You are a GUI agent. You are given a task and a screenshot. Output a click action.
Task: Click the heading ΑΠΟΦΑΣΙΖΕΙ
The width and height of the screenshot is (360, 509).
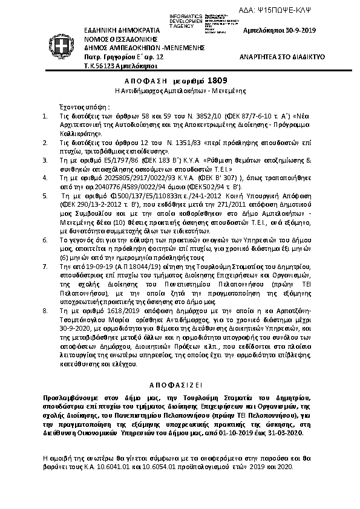[179, 384]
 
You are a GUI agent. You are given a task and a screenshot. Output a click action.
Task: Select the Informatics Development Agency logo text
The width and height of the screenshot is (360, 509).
[195, 18]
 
